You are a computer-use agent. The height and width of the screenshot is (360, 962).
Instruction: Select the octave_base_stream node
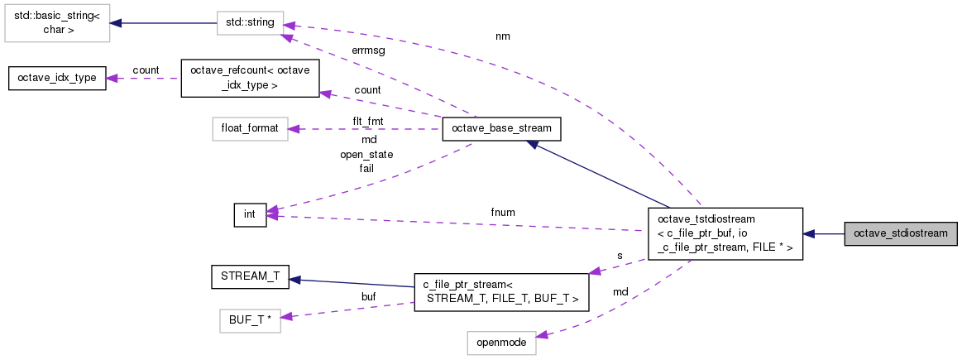500,128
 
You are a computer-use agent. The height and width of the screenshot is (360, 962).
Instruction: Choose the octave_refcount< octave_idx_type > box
250,78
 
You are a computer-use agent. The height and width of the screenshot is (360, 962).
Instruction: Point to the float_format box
250,128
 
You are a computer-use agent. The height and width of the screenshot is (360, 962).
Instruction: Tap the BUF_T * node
250,321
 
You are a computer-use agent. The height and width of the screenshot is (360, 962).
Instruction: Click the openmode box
501,342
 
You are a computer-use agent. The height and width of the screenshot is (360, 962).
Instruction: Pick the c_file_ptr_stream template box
501,292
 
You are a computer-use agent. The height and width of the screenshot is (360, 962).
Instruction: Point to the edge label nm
502,37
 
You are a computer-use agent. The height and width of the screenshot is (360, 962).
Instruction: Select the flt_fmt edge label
368,121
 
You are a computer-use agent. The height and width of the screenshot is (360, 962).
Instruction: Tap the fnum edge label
502,213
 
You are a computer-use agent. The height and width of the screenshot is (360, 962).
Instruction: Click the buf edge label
368,297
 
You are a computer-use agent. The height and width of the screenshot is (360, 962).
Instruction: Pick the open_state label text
366,154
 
